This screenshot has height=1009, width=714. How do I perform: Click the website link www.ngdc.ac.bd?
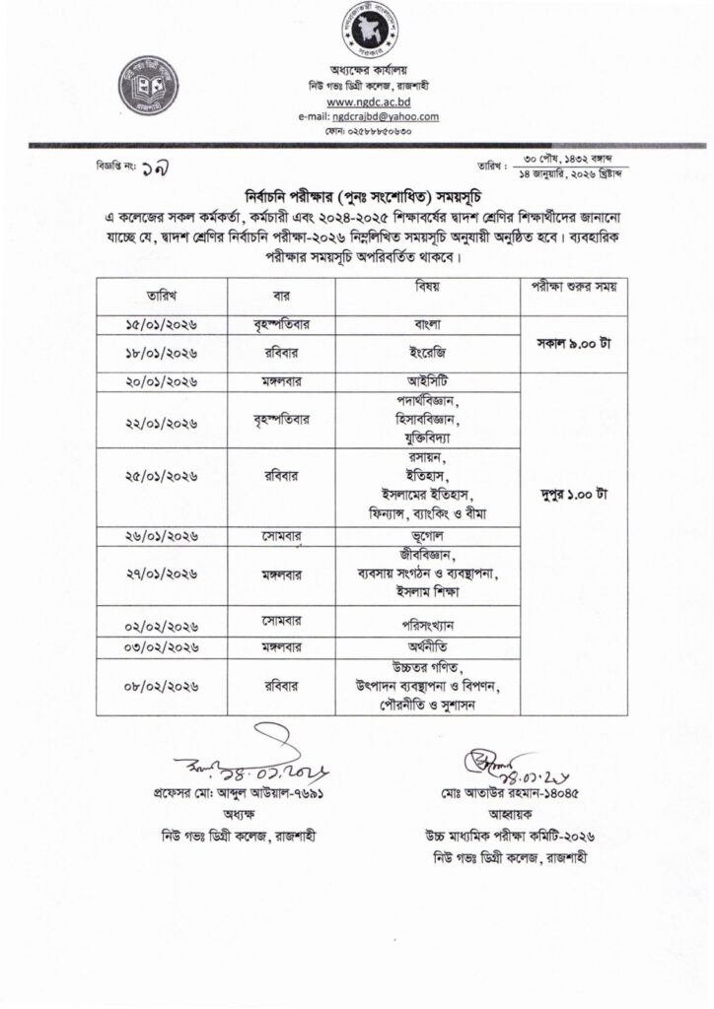point(369,101)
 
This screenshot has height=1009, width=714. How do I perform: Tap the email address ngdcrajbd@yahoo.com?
point(370,116)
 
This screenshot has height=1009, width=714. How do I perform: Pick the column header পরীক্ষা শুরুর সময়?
point(567,288)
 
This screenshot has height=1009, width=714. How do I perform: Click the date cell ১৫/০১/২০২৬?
point(162,324)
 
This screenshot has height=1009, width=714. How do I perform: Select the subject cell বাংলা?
point(427,323)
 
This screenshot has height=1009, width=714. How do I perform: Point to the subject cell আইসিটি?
point(427,381)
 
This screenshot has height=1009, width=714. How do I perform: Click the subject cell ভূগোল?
point(427,538)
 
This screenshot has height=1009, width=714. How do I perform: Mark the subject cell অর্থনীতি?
point(427,647)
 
